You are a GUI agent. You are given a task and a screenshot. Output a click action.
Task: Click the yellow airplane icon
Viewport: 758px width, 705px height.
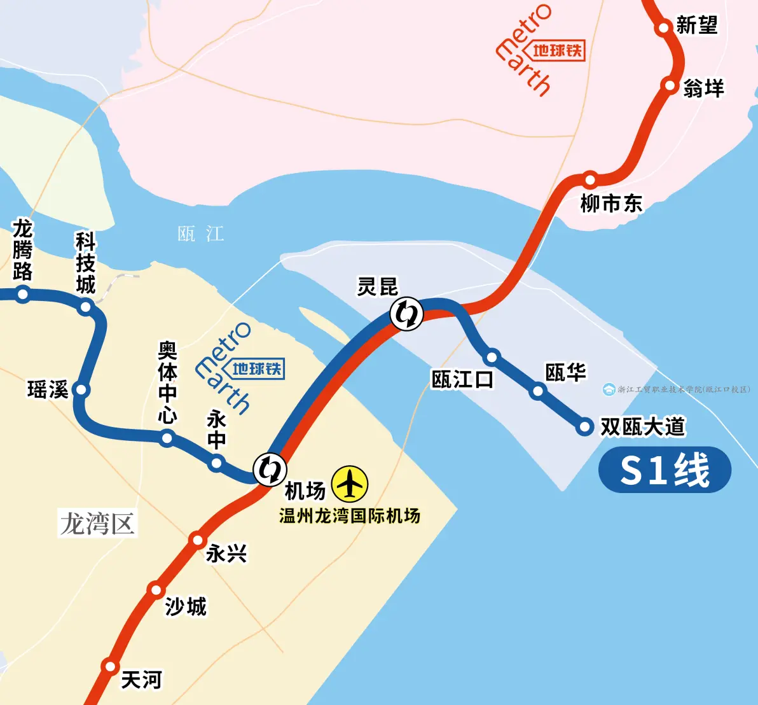pyautogui.click(x=350, y=484)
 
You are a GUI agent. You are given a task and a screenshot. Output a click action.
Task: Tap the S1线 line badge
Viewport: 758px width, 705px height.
pyautogui.click(x=665, y=470)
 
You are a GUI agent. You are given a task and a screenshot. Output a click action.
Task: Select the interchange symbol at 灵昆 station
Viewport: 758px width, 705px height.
pyautogui.click(x=406, y=313)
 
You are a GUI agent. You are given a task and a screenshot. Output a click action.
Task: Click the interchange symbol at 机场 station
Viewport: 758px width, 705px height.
pyautogui.click(x=270, y=469)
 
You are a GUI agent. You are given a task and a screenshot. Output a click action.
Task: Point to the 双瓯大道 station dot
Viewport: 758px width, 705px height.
pyautogui.click(x=585, y=426)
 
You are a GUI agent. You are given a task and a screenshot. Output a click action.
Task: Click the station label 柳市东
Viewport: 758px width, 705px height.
pyautogui.click(x=611, y=204)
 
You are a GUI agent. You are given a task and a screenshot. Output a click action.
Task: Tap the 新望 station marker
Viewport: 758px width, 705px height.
pyautogui.click(x=664, y=27)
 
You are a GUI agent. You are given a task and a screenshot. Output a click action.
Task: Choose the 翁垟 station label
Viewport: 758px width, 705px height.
pyautogui.click(x=703, y=88)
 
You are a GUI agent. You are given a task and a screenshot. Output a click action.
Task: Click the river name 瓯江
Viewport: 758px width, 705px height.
pyautogui.click(x=201, y=234)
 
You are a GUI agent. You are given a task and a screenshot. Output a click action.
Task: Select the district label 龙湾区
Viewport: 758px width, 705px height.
pyautogui.click(x=97, y=524)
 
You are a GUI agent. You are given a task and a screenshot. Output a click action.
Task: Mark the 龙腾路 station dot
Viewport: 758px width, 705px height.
pyautogui.click(x=23, y=294)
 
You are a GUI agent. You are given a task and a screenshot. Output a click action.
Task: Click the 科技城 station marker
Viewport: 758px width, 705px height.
pyautogui.click(x=85, y=308)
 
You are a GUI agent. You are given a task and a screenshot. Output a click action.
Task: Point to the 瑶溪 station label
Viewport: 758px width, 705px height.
pyautogui.click(x=48, y=389)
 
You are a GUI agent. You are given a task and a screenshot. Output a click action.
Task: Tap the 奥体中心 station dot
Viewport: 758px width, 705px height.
pyautogui.click(x=167, y=438)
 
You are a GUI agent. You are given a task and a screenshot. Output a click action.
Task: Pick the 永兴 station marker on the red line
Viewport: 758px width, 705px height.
pyautogui.click(x=197, y=540)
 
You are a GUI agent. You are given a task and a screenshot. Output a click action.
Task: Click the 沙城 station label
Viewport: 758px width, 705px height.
pyautogui.click(x=186, y=606)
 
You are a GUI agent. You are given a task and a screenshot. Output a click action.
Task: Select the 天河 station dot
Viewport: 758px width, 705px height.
pyautogui.click(x=111, y=667)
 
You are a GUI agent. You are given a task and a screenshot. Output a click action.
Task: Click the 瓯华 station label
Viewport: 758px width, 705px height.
pyautogui.click(x=565, y=372)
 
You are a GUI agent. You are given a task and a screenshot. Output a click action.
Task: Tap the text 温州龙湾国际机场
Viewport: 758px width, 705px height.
pyautogui.click(x=350, y=515)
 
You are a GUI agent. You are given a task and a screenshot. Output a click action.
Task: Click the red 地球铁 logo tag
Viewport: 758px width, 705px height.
pyautogui.click(x=558, y=50)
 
